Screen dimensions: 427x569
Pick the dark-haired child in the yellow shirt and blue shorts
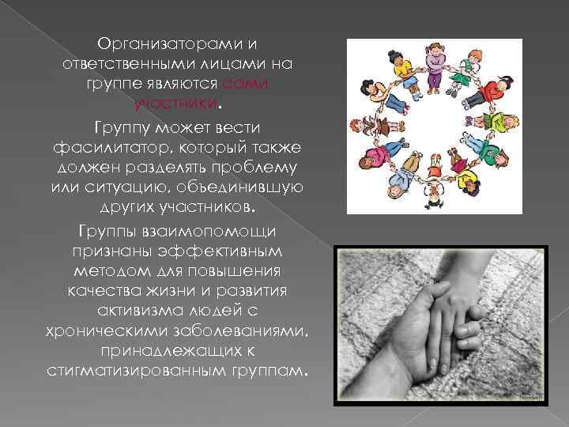tap(402, 72)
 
